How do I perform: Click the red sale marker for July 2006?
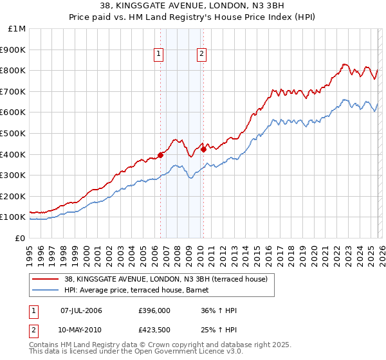[160, 154]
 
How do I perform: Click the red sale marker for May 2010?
[203, 149]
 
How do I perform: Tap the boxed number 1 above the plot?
[159, 55]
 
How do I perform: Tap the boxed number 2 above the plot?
[202, 55]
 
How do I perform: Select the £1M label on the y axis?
[17, 29]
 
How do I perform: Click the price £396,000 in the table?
[153, 310]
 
